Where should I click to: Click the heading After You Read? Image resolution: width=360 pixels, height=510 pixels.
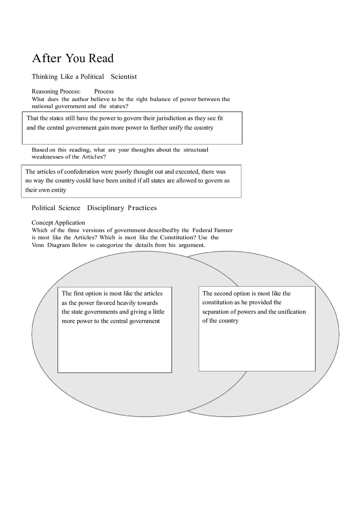pyautogui.click(x=73, y=58)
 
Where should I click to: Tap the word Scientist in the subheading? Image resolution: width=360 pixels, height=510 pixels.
pyautogui.click(x=124, y=77)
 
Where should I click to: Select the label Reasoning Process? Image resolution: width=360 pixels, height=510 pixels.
pyautogui.click(x=56, y=92)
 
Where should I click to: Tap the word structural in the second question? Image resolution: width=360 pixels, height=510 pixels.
pyautogui.click(x=196, y=150)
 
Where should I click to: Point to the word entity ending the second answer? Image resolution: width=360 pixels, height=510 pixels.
pyautogui.click(x=59, y=190)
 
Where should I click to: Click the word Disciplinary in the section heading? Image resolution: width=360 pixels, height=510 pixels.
pyautogui.click(x=106, y=208)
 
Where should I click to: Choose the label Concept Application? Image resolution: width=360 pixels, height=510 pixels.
pyautogui.click(x=59, y=223)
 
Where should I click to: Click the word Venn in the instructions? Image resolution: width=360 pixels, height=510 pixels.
pyautogui.click(x=38, y=245)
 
